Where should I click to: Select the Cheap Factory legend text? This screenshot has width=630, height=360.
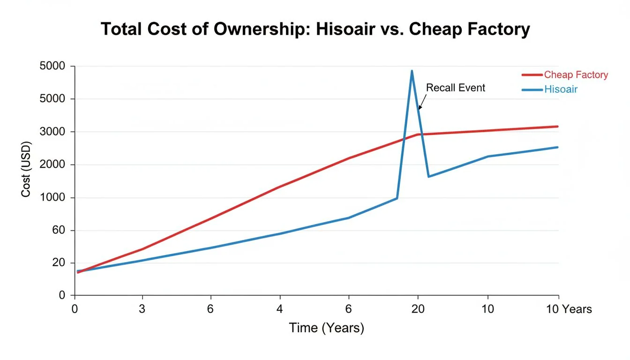pos(576,75)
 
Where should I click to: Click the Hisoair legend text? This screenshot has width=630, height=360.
pos(561,89)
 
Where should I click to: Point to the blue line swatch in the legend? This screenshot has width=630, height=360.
pos(532,89)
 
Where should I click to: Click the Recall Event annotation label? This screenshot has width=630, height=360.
pos(455,88)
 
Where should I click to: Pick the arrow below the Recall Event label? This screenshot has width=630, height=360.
pos(422,101)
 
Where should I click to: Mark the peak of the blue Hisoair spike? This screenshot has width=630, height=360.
pos(412,71)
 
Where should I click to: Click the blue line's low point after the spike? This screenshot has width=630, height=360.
pos(428,176)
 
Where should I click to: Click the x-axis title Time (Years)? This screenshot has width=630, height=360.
pos(326,328)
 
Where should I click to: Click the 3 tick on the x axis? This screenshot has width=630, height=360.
pos(142,309)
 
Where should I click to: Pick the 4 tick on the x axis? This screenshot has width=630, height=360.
pos(280,309)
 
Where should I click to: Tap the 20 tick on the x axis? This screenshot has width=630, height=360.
pos(418,309)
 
